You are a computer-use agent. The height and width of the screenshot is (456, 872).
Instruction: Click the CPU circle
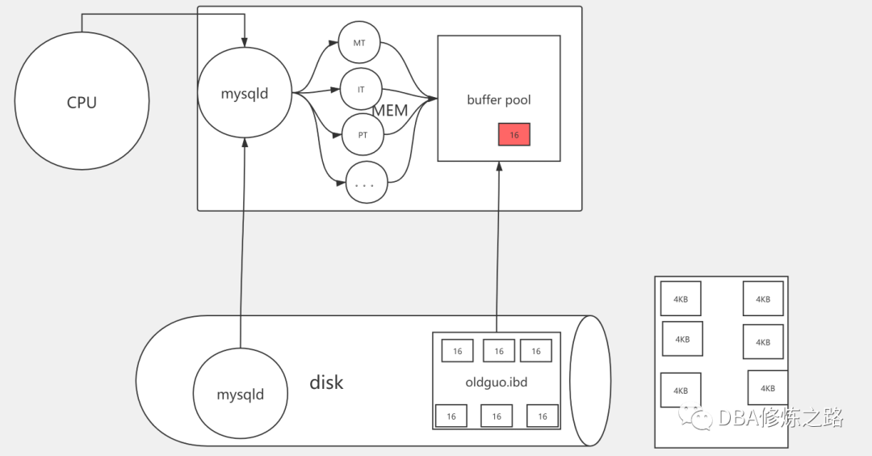pos(82,102)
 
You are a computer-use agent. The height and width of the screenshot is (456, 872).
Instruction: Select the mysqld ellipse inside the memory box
pos(245,94)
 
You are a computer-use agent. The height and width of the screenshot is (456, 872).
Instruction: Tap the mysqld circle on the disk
pos(241,395)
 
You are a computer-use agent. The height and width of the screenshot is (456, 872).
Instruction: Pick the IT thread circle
pos(360,89)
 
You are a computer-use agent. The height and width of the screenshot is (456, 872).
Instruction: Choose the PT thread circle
pos(363,135)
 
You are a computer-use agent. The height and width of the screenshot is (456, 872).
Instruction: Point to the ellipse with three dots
pos(365,184)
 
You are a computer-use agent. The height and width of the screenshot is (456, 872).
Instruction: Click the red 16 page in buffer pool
pos(514,135)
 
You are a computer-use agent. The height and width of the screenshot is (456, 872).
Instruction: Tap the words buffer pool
pos(499,100)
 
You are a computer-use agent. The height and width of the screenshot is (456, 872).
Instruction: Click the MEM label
pos(390,111)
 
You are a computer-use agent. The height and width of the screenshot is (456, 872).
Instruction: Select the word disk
pos(326,382)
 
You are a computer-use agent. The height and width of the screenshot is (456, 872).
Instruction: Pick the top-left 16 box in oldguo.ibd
pos(457,351)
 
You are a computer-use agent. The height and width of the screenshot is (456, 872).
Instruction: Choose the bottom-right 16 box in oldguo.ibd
pos(543,416)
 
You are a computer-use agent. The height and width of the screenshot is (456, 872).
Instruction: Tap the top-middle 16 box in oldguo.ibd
pos(499,351)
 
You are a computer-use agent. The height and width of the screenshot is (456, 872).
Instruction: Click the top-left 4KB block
pos(681,298)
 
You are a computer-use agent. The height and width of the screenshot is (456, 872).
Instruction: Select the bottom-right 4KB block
pos(768,387)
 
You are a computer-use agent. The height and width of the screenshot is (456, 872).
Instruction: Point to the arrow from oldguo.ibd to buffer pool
pos(498,243)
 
